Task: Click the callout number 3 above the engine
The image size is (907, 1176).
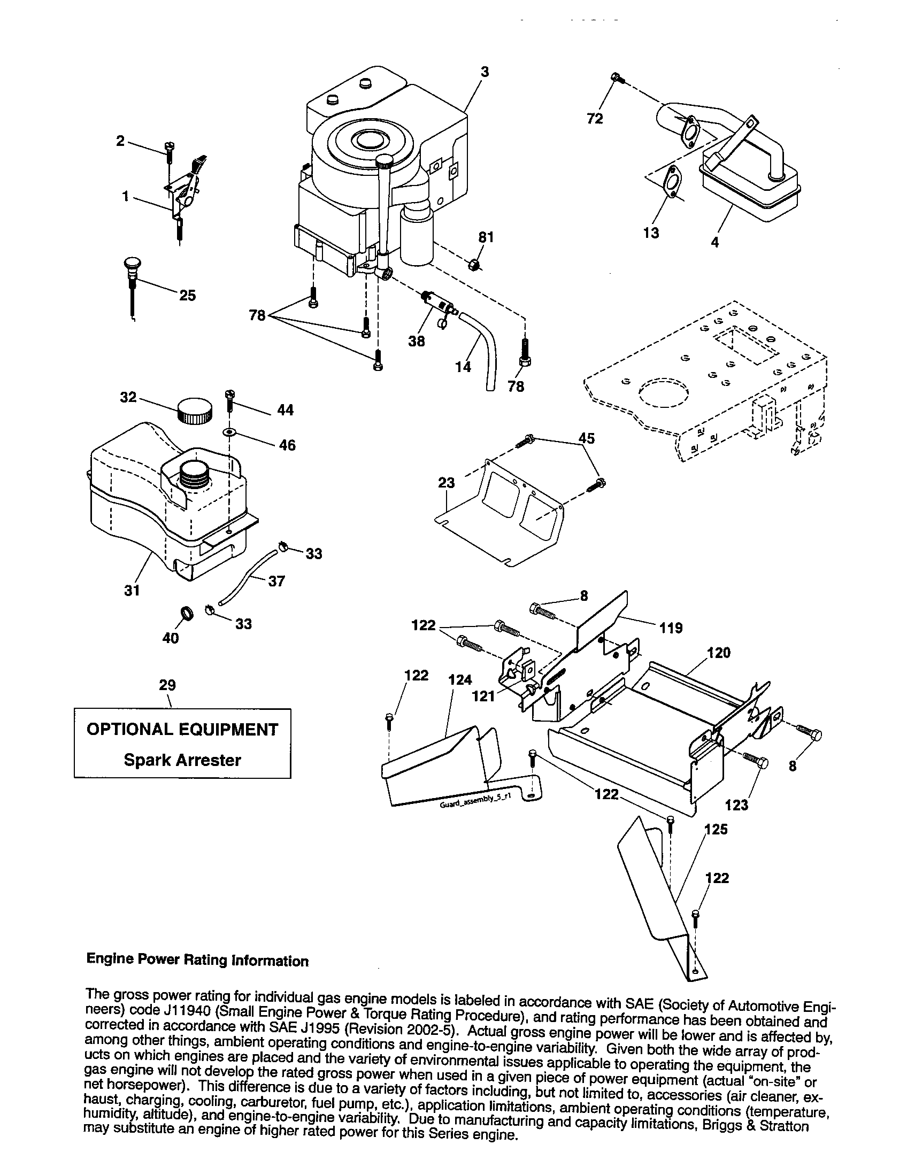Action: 484,72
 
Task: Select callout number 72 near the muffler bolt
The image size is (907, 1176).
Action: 595,119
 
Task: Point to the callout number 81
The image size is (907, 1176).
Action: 486,237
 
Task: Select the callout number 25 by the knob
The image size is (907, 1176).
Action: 187,295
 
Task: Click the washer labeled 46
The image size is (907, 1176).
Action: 230,432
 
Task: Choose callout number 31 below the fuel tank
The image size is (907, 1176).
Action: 132,590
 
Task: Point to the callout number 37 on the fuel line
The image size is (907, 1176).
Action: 276,581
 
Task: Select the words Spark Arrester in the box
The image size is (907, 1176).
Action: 182,760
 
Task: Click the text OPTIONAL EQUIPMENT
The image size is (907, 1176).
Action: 182,729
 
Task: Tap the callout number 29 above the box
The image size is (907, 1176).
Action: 167,685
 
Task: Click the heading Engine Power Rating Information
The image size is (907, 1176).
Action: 198,961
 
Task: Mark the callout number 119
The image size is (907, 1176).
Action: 671,628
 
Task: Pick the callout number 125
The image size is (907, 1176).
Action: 716,829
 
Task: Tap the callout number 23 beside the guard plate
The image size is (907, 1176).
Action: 446,483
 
